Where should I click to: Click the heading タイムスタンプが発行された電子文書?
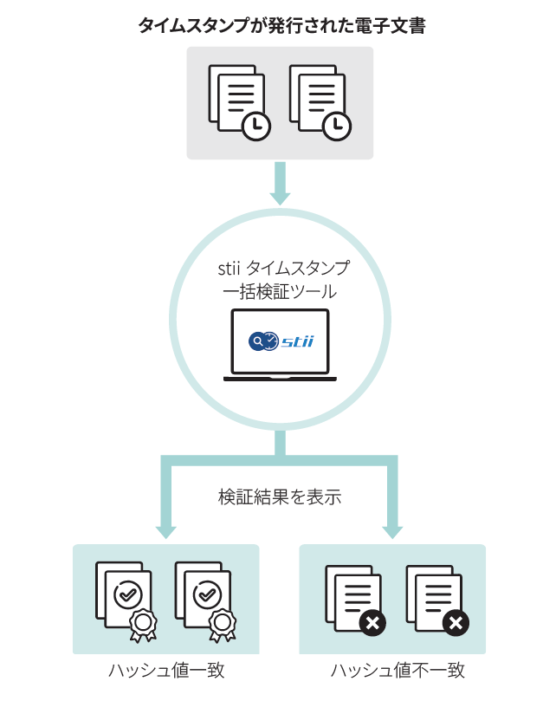point(281,25)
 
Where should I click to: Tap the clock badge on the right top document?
point(335,126)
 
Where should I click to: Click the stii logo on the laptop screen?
point(280,341)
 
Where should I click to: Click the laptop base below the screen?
point(280,378)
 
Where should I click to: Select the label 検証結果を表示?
point(279,497)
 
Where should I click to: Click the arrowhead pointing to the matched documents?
point(165,531)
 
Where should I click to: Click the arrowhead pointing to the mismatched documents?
point(392,531)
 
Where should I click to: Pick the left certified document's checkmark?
point(128,594)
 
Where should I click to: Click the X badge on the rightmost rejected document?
point(455,623)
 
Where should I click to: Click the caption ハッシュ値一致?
point(166,672)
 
